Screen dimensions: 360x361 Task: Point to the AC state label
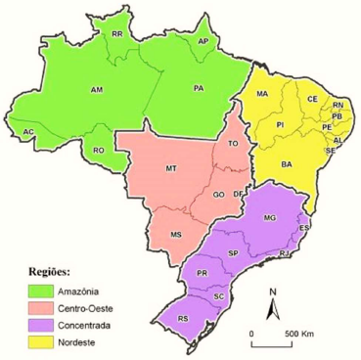(x=29, y=132)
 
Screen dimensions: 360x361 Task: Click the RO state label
(x=99, y=151)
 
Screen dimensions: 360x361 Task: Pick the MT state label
(x=171, y=169)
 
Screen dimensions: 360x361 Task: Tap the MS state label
(x=176, y=235)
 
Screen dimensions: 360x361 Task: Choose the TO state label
(x=233, y=144)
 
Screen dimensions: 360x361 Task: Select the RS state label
(x=183, y=318)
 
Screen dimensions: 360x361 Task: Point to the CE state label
(x=313, y=100)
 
